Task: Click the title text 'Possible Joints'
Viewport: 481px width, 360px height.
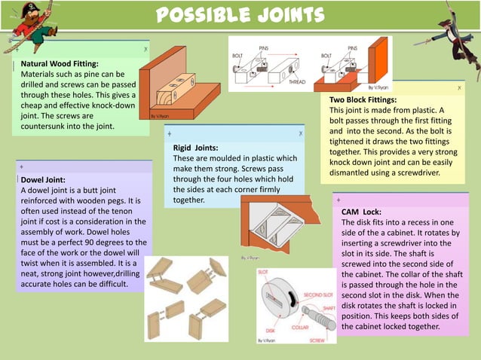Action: [x=240, y=14]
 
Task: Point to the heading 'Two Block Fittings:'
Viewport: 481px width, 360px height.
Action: [x=363, y=99]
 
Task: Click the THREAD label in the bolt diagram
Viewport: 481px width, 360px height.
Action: [x=297, y=82]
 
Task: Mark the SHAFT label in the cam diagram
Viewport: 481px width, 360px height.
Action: [x=329, y=307]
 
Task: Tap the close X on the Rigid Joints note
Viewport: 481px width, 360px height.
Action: [x=300, y=133]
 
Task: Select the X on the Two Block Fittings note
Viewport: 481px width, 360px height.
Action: [x=459, y=88]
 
